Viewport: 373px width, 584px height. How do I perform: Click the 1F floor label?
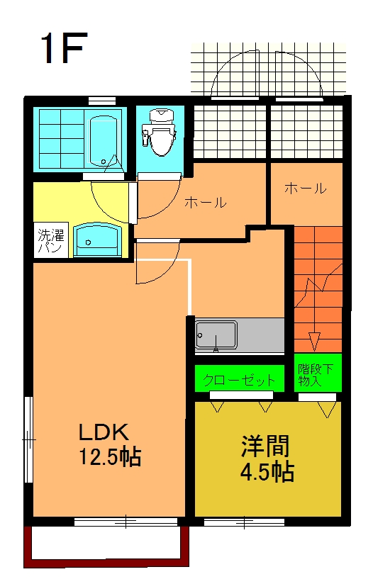[x=64, y=48]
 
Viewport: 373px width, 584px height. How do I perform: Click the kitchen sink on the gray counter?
[x=216, y=335]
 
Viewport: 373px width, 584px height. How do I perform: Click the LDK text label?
[x=102, y=431]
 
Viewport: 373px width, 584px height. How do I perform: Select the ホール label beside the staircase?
[x=305, y=189]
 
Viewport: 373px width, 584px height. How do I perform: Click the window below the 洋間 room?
[x=245, y=523]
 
